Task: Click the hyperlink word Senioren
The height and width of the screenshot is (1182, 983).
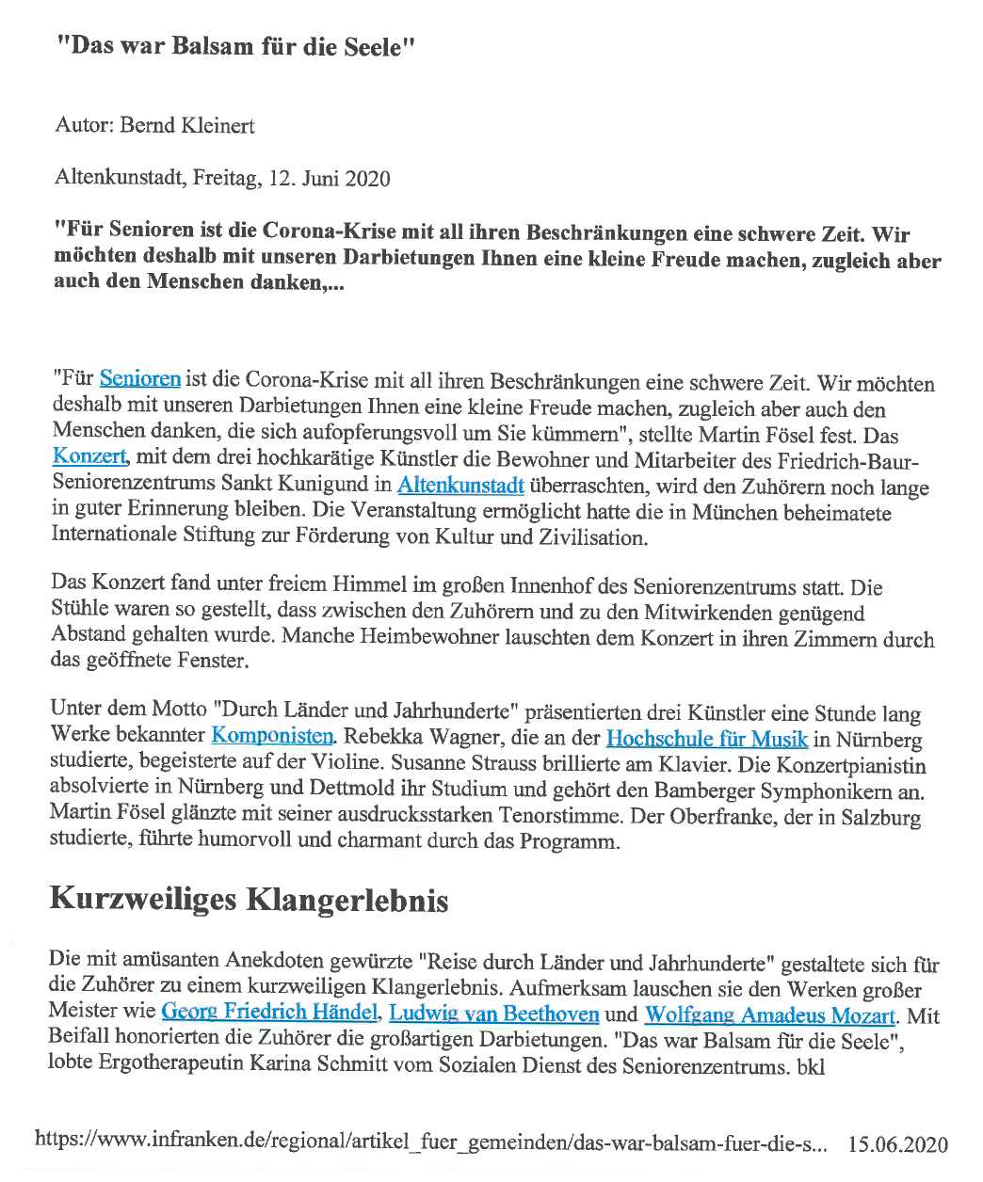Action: [x=139, y=380]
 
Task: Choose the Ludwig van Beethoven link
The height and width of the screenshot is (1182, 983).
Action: [x=494, y=1014]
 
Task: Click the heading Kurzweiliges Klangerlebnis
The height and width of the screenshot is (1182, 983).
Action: [x=249, y=901]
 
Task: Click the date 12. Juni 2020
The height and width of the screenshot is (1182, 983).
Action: [x=314, y=178]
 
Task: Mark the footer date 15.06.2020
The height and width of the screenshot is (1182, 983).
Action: [x=897, y=1144]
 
